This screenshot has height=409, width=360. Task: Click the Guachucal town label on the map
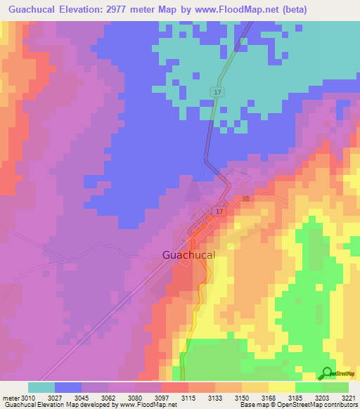tap(188, 255)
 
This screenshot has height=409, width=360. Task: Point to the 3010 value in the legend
tap(29, 398)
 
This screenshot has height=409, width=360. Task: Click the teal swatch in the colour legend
tap(41, 387)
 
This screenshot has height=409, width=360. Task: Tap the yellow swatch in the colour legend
tap(282, 387)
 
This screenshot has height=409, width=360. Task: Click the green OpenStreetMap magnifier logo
tap(327, 373)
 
